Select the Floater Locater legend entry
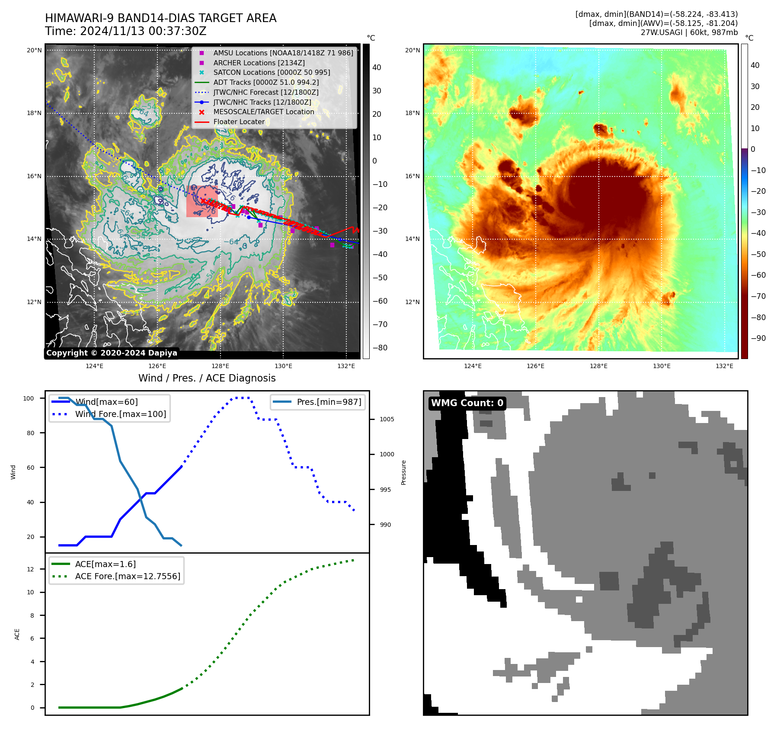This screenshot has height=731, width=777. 239,122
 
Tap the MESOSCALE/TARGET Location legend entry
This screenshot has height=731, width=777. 263,112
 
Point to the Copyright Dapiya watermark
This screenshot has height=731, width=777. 112,353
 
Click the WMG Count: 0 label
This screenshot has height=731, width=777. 467,403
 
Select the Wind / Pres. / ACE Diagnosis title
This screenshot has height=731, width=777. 207,378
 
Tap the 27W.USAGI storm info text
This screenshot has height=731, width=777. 689,32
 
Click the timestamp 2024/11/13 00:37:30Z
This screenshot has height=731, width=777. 143,32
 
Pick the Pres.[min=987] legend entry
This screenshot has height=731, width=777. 329,402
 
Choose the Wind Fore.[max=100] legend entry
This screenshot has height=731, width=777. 120,414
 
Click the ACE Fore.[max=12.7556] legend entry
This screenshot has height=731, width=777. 128,576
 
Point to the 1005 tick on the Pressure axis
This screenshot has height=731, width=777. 387,419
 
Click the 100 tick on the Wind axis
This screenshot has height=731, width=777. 29,398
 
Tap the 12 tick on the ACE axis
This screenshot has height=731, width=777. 30,569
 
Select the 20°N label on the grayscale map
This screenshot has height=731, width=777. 34,50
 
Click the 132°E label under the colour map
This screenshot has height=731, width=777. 724,366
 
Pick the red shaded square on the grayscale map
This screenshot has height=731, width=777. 201,202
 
